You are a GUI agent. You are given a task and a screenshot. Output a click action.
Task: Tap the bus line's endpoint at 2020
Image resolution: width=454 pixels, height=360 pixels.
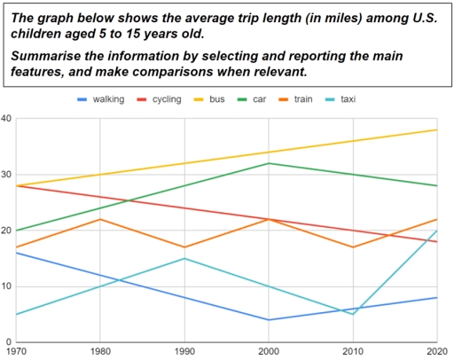click(437, 130)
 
